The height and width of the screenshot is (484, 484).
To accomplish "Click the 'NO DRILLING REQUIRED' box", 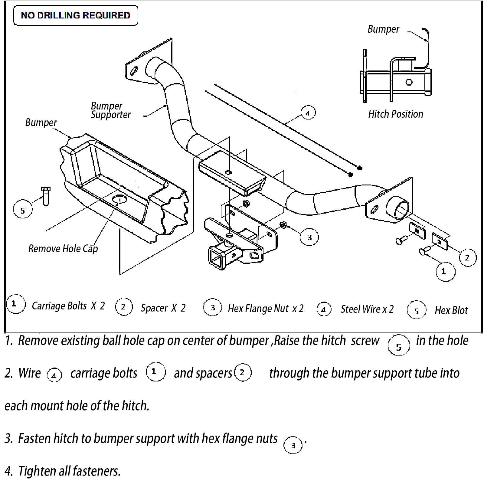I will point(76,15).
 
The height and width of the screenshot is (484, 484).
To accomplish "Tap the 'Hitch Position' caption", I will point(395,114).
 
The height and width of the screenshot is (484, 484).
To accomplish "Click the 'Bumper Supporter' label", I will point(110,110).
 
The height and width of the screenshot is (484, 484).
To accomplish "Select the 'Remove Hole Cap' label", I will point(63,249).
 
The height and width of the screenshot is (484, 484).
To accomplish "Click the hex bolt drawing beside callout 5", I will point(45,195).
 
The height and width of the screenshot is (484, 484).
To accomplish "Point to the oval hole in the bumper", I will point(120,200).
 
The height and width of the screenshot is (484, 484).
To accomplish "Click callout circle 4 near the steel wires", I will point(308,113).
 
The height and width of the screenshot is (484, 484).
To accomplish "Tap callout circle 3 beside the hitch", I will point(309,237).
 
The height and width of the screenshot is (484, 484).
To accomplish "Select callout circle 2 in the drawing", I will point(467,258).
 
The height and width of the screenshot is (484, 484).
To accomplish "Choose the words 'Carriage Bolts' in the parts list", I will point(59,306).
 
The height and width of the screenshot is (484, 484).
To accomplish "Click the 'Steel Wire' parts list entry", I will point(361,309).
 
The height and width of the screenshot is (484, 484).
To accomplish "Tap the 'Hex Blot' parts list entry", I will point(451,310).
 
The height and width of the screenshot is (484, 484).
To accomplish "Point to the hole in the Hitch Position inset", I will point(409,82).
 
